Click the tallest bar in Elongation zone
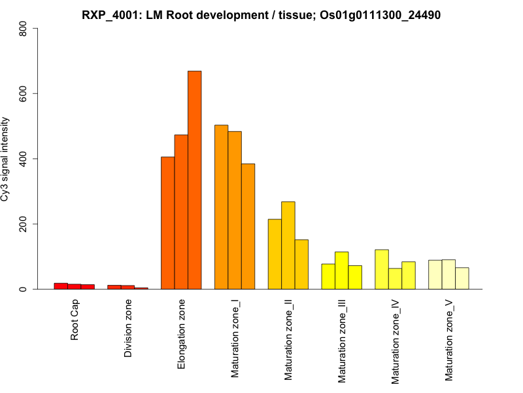point(194,180)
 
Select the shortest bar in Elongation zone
point(167,223)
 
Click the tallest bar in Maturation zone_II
point(288,245)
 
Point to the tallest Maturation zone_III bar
point(342,271)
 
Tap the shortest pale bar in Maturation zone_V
point(462,278)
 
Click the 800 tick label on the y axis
point(24,29)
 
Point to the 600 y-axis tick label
point(24,94)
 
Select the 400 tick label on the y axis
point(24,159)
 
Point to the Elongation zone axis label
point(182,333)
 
